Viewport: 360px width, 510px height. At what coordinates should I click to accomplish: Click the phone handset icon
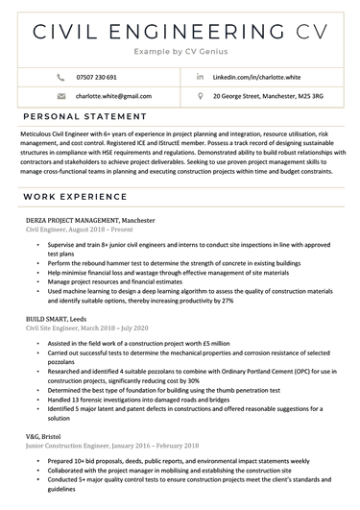62,76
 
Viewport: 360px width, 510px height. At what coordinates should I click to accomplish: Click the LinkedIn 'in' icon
200,76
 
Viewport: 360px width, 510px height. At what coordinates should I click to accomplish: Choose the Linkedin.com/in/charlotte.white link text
254,76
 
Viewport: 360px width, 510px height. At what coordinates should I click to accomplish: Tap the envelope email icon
62,96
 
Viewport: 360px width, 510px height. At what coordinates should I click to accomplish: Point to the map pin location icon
200,96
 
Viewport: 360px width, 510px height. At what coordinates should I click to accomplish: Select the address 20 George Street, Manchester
267,96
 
